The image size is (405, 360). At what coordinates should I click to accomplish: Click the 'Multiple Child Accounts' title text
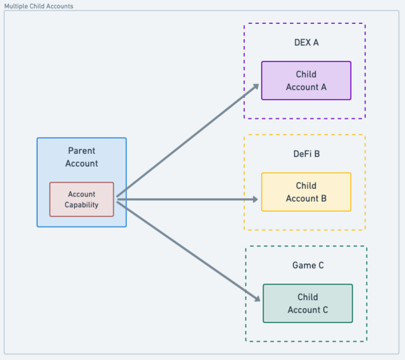39,6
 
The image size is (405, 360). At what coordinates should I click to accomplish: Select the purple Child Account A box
306,81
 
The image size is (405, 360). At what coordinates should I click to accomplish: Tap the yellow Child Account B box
306,192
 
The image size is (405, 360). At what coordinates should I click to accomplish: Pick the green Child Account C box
308,304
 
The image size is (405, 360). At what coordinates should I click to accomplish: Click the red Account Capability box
81,200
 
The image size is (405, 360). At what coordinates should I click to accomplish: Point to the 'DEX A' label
306,42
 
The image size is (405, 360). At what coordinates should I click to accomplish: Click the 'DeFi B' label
306,154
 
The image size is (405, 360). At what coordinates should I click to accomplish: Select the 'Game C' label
308,265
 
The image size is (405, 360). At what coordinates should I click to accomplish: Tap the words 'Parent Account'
81,157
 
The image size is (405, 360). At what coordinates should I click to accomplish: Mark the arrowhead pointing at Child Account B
255,200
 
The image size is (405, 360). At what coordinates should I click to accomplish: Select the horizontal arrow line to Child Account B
186,200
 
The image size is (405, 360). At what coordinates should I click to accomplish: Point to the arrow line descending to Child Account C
186,250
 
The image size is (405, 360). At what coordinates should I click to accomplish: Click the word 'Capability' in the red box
81,205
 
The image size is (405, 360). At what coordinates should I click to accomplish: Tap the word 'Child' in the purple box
306,74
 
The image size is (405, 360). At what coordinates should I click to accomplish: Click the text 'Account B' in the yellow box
306,199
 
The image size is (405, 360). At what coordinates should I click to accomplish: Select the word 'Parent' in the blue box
81,151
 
